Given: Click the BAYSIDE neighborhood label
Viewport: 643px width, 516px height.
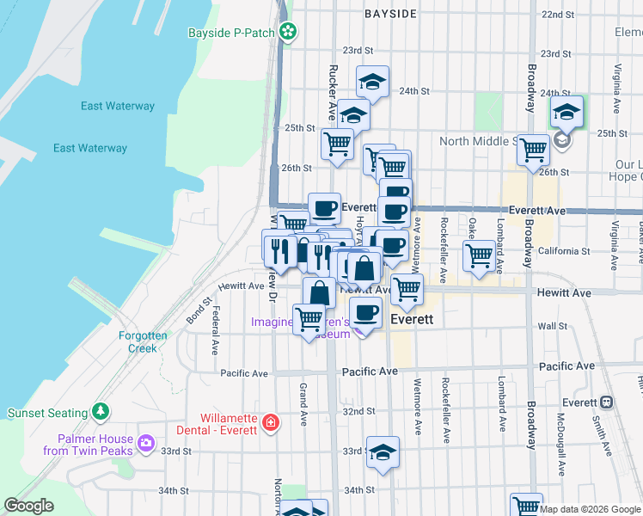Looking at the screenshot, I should pyautogui.click(x=390, y=14).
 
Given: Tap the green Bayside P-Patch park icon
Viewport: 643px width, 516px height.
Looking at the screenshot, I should pyautogui.click(x=289, y=34).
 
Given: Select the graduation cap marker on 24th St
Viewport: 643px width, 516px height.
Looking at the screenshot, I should pyautogui.click(x=372, y=83).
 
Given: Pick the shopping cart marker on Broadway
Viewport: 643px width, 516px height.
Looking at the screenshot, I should pyautogui.click(x=533, y=150).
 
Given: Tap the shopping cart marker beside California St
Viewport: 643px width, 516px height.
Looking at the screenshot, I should pyautogui.click(x=478, y=255).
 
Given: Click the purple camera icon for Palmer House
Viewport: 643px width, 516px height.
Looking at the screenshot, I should pyautogui.click(x=146, y=444).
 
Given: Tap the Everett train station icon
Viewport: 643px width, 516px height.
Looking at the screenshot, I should pyautogui.click(x=606, y=402).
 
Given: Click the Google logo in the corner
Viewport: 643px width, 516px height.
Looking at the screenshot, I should pyautogui.click(x=28, y=506).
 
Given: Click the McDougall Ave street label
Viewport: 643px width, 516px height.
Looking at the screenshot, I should pyautogui.click(x=560, y=446).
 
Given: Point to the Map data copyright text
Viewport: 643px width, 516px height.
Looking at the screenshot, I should pyautogui.click(x=590, y=509).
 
